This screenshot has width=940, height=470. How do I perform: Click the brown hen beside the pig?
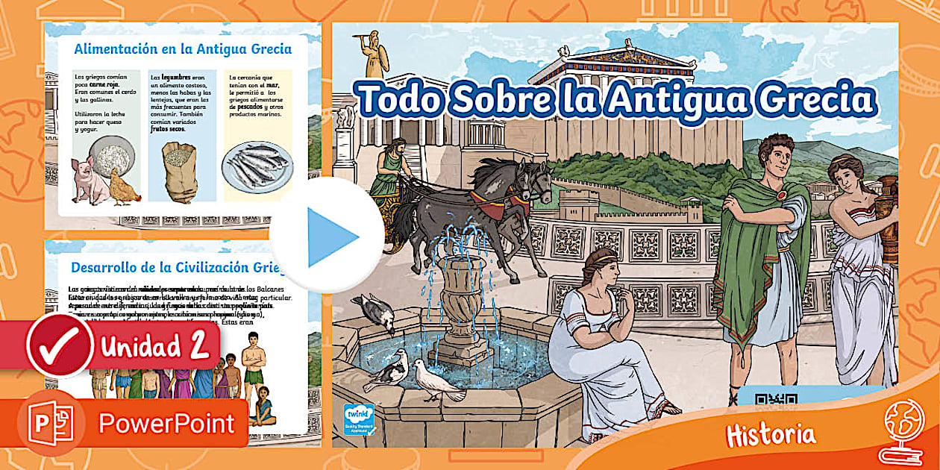(123, 187)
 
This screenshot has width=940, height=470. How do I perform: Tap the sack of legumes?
(179, 172)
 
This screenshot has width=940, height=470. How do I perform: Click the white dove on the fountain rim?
(436, 380)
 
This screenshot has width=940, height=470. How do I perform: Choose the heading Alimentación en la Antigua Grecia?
(183, 50)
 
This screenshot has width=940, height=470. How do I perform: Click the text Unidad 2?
(153, 347)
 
